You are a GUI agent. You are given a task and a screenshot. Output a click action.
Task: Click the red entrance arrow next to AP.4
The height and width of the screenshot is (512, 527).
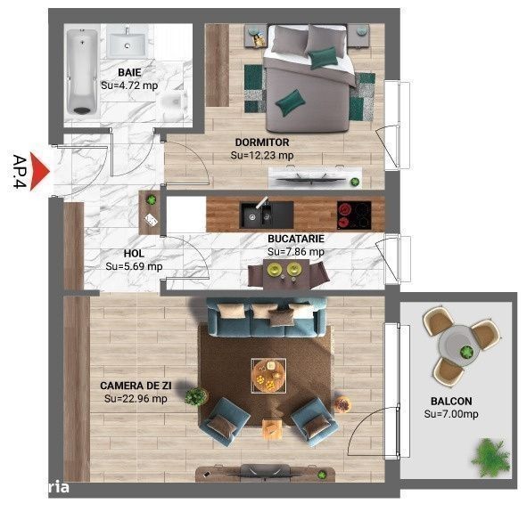(x=38, y=172)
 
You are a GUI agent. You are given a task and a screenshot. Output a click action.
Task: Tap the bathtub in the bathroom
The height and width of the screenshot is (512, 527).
(x=82, y=72)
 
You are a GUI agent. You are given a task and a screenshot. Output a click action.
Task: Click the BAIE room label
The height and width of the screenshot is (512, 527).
(x=129, y=72)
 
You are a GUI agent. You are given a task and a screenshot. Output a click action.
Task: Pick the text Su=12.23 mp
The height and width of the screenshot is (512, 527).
(x=262, y=155)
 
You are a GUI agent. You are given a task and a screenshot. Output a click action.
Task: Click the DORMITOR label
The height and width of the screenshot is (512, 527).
(x=262, y=142)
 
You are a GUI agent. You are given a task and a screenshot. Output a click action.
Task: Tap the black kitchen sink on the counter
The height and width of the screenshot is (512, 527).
(x=267, y=215)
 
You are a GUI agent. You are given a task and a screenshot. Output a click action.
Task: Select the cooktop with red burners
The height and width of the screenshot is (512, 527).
(x=354, y=215)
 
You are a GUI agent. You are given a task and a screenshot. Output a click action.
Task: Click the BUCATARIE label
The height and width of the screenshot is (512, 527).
(x=296, y=239)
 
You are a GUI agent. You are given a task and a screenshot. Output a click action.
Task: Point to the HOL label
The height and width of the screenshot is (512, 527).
(x=134, y=253)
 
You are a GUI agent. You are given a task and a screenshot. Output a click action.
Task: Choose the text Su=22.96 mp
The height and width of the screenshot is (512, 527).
(x=136, y=399)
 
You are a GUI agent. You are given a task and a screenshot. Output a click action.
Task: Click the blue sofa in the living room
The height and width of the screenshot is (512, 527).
(x=267, y=318)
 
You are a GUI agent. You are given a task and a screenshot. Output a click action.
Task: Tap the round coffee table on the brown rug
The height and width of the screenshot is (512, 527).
(x=268, y=376)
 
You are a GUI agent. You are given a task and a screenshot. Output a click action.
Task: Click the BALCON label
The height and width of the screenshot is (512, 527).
(x=451, y=402)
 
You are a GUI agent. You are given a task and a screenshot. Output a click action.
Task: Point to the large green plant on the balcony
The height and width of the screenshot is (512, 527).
(x=490, y=457)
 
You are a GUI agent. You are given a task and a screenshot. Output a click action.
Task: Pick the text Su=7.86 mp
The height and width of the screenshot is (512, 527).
(x=296, y=252)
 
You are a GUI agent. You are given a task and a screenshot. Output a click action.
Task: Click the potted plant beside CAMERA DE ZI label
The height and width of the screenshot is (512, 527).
(x=196, y=396)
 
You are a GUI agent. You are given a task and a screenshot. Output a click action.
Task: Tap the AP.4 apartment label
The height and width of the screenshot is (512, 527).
(x=20, y=172)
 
